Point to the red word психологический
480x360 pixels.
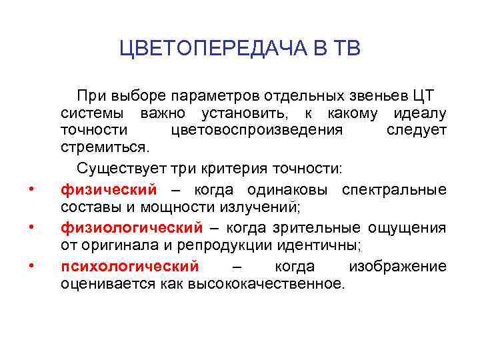point(129,267)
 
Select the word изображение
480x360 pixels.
point(397,267)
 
